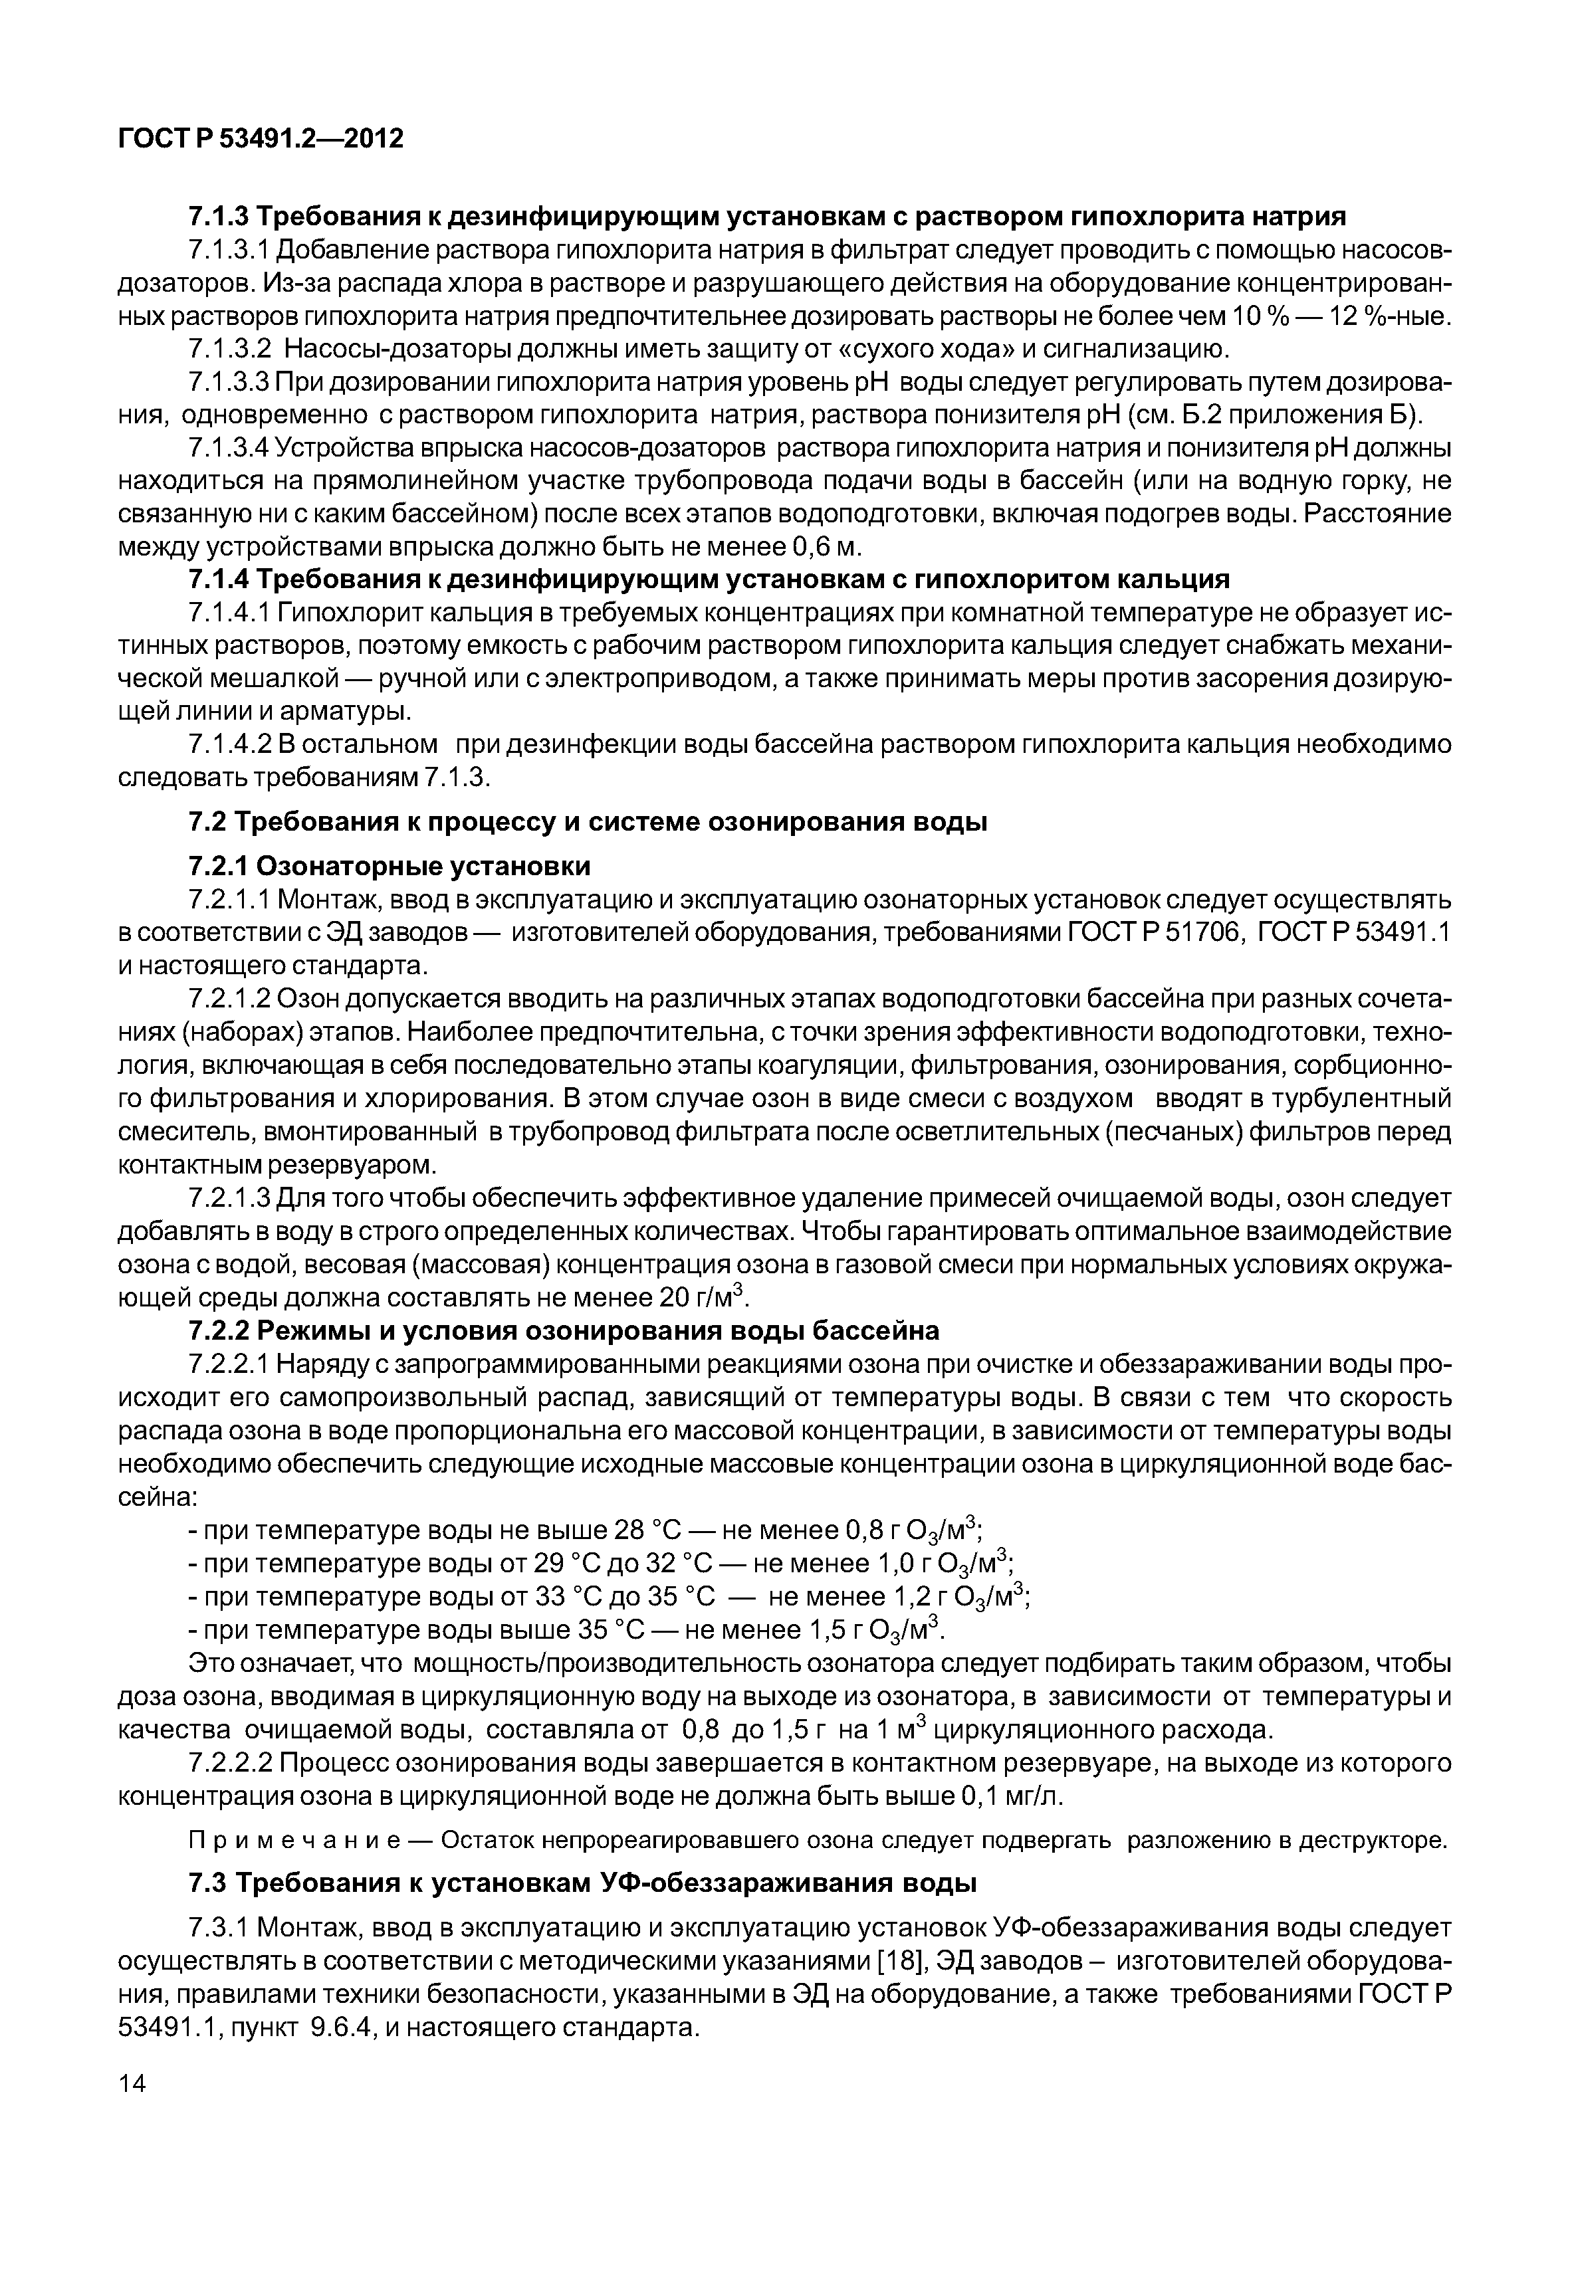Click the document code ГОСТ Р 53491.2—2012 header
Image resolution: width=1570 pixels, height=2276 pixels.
[261, 139]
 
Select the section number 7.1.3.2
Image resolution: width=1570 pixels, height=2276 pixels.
[228, 349]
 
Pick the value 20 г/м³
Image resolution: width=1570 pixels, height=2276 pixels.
[701, 1297]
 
